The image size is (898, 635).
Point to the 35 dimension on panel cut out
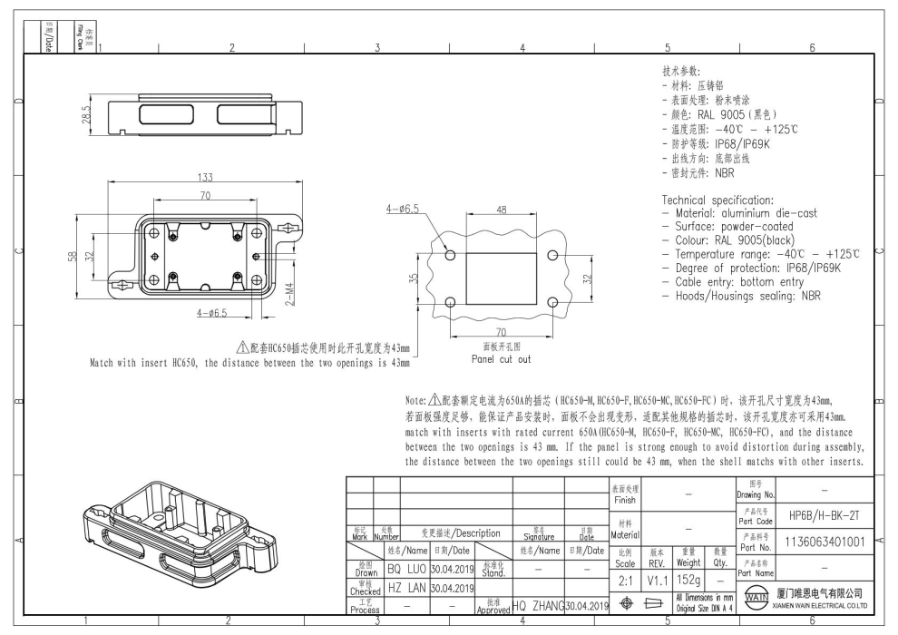415,278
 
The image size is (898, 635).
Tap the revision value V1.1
658,578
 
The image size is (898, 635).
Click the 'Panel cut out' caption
501,358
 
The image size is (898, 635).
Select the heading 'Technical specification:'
717,200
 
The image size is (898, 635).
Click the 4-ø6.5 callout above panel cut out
402,209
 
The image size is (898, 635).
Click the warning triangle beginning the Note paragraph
434,399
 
